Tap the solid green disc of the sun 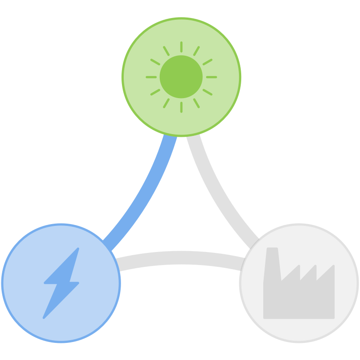click(x=181, y=76)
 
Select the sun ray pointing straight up click(x=181, y=47)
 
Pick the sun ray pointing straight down click(x=181, y=107)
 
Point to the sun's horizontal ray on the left click(x=151, y=77)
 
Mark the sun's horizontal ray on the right click(x=211, y=77)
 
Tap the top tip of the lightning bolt click(x=78, y=249)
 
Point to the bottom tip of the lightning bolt click(x=44, y=317)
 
